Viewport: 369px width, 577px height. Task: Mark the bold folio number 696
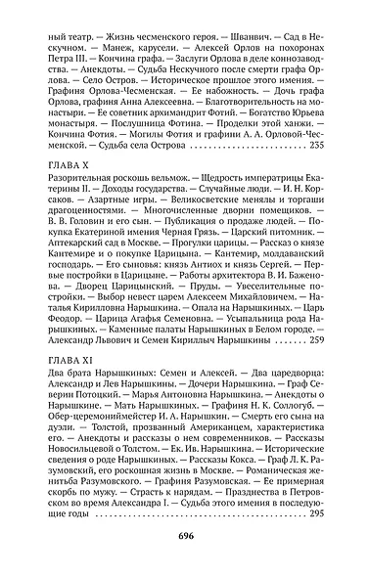185,537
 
